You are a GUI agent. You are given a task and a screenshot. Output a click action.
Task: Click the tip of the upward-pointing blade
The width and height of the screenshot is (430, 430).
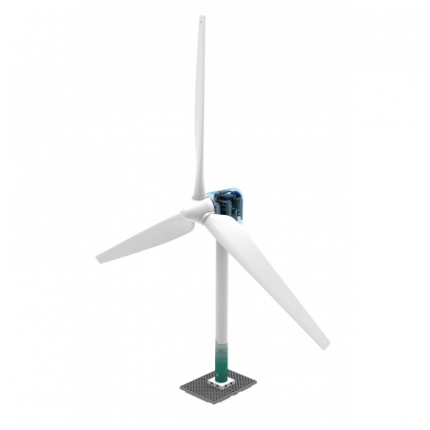pyautogui.click(x=203, y=17)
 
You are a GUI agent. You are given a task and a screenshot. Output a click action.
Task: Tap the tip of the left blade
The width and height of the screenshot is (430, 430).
pyautogui.click(x=98, y=258)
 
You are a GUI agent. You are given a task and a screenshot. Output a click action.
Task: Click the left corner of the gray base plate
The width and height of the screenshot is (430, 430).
pyautogui.click(x=182, y=386)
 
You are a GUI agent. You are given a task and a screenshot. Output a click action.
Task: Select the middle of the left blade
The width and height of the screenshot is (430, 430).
pyautogui.click(x=148, y=237)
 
